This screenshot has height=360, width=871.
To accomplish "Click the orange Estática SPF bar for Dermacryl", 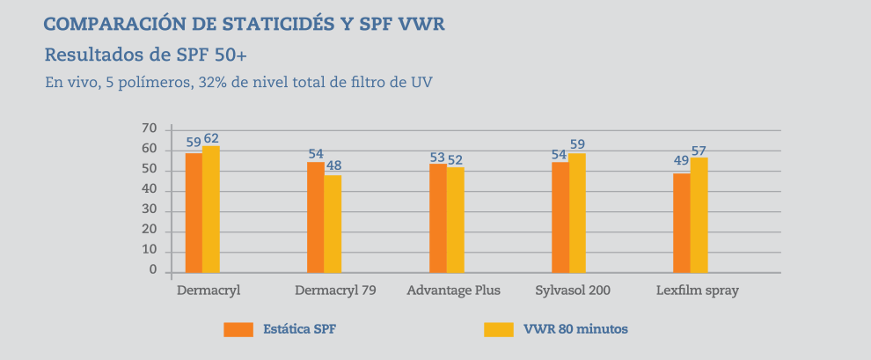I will [x=194, y=213].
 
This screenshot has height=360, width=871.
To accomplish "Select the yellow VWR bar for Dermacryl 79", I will [x=333, y=224].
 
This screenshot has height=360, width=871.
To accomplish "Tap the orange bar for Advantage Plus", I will [x=437, y=218].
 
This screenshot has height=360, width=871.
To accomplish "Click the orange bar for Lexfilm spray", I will [x=682, y=223].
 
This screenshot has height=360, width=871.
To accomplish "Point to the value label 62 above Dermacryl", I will [x=211, y=138].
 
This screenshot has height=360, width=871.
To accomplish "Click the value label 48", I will [x=333, y=165].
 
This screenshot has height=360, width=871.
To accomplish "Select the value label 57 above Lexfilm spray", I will [x=699, y=151].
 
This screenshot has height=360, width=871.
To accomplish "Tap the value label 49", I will [x=682, y=161].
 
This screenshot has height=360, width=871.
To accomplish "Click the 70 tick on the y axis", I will [x=149, y=129].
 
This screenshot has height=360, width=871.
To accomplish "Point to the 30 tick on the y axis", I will [x=149, y=210].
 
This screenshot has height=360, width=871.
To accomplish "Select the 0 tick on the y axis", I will [x=153, y=271].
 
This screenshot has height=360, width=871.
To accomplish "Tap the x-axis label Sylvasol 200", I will [x=573, y=290].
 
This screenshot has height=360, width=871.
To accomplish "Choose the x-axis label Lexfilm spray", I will [x=698, y=290].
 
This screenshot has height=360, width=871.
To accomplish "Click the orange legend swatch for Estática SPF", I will [x=238, y=329].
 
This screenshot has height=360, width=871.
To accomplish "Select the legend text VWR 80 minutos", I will [x=575, y=329].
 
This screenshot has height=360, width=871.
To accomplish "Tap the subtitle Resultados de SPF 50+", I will [x=145, y=55].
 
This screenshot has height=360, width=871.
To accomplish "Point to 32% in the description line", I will [x=209, y=83].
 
